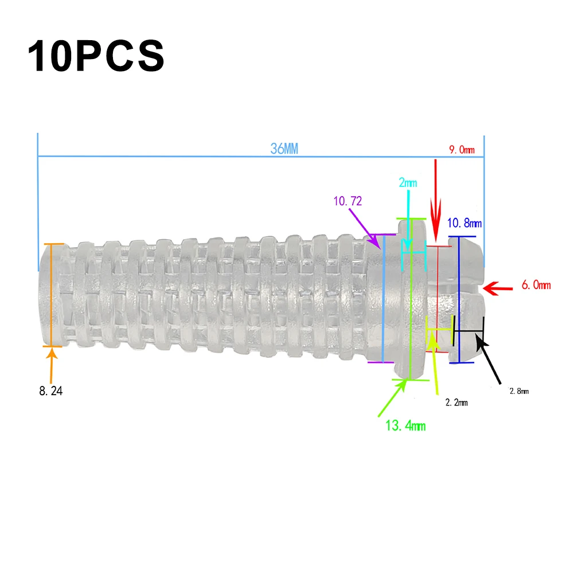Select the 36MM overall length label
(x=284, y=149)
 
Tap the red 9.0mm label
(x=462, y=150)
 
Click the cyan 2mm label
(x=408, y=183)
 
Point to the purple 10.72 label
(x=348, y=201)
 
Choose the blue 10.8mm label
(x=464, y=222)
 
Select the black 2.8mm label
(x=519, y=391)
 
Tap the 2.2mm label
(x=456, y=403)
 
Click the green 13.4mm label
(x=405, y=425)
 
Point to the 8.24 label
(x=50, y=392)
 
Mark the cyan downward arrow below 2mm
(x=408, y=221)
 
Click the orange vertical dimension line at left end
(x=52, y=295)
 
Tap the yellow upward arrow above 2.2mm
(x=435, y=364)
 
